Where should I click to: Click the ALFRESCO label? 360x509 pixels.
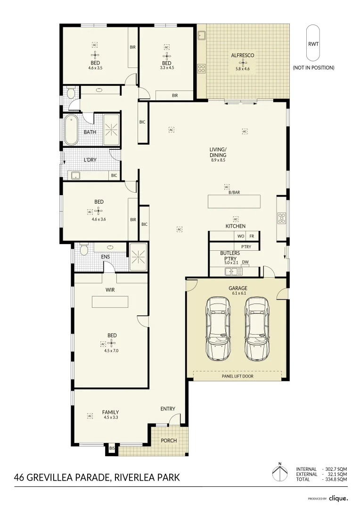[x=243, y=56]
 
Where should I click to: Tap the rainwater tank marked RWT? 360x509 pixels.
[x=313, y=43]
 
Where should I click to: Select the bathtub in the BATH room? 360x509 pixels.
[x=71, y=130]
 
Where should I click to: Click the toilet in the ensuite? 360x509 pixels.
[x=84, y=250]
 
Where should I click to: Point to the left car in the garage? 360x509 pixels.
[x=218, y=328]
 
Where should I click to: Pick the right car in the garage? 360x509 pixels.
[x=257, y=328]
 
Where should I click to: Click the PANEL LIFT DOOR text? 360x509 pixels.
[x=237, y=376]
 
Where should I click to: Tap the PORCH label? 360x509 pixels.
[x=169, y=441]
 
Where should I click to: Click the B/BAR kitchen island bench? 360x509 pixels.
[x=234, y=201]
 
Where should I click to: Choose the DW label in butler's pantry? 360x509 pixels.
[x=245, y=262]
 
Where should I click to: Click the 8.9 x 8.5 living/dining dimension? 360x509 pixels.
[x=218, y=160]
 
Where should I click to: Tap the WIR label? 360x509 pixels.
[x=110, y=290]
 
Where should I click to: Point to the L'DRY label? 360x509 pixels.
[x=90, y=160]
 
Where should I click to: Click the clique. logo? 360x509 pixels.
[x=338, y=498]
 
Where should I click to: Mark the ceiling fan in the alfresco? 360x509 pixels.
[x=243, y=63]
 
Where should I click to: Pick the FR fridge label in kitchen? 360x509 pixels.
[x=252, y=236]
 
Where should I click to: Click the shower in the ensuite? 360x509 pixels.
[x=138, y=257]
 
